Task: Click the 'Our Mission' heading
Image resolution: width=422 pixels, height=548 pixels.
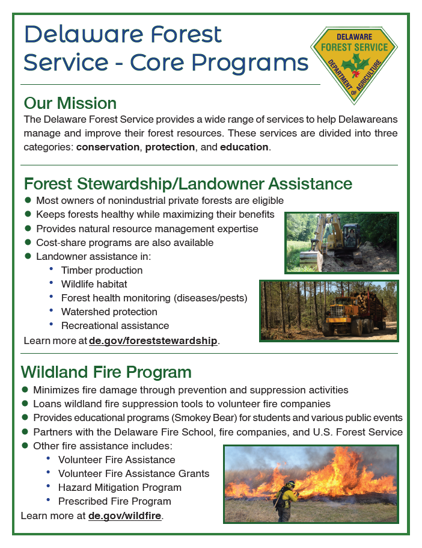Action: click(x=70, y=103)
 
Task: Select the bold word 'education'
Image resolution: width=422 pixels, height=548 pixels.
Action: click(x=244, y=147)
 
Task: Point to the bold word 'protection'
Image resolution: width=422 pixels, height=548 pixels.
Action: click(x=170, y=147)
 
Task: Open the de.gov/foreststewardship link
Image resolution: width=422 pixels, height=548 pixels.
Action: click(x=153, y=341)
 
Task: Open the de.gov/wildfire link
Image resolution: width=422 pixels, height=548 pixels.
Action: click(x=125, y=516)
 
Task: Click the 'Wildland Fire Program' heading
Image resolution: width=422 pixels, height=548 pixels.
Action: click(x=106, y=372)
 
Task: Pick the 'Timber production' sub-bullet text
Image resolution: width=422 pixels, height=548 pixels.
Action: click(x=102, y=270)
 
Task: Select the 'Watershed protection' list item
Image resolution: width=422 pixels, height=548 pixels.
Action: click(x=109, y=312)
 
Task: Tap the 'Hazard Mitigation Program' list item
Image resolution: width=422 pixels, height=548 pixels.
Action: click(x=120, y=487)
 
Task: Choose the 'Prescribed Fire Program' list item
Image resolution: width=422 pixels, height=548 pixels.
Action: click(x=114, y=501)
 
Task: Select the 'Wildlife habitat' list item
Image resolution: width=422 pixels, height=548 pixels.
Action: click(x=94, y=284)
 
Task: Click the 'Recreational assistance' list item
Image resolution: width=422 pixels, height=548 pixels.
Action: click(x=115, y=325)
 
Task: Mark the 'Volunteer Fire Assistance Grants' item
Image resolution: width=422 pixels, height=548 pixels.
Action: click(x=133, y=473)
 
